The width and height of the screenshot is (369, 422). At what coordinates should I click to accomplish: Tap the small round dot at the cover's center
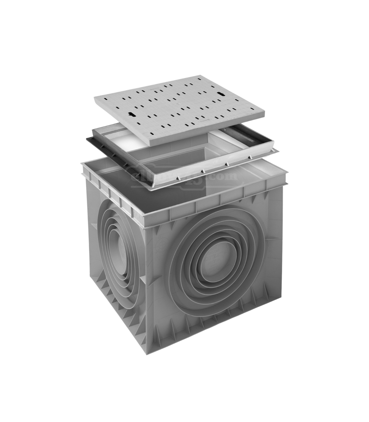178,104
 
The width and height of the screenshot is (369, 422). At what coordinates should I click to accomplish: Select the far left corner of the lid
95,98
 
